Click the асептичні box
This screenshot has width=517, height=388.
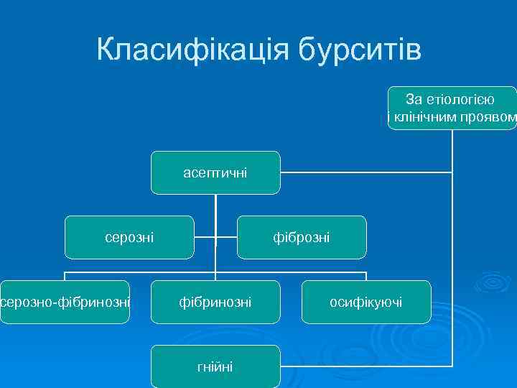pyautogui.click(x=215, y=172)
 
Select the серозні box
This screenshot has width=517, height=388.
pyautogui.click(x=129, y=237)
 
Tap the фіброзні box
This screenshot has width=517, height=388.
pyautogui.click(x=302, y=237)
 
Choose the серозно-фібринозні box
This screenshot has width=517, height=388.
pyautogui.click(x=66, y=302)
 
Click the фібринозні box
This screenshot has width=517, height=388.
pyautogui.click(x=215, y=302)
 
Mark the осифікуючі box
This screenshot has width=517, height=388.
pyautogui.click(x=366, y=302)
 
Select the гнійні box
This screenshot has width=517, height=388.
pyautogui.click(x=215, y=366)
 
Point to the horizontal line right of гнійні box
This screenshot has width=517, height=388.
pyautogui.click(x=366, y=366)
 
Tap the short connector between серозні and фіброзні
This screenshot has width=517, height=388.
pyautogui.click(x=215, y=236)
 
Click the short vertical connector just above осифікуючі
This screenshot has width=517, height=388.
pyautogui.click(x=366, y=277)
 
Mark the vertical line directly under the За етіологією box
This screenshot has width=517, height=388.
pyautogui.click(x=452, y=151)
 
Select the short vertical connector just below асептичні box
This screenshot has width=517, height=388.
pyautogui.click(x=215, y=205)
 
